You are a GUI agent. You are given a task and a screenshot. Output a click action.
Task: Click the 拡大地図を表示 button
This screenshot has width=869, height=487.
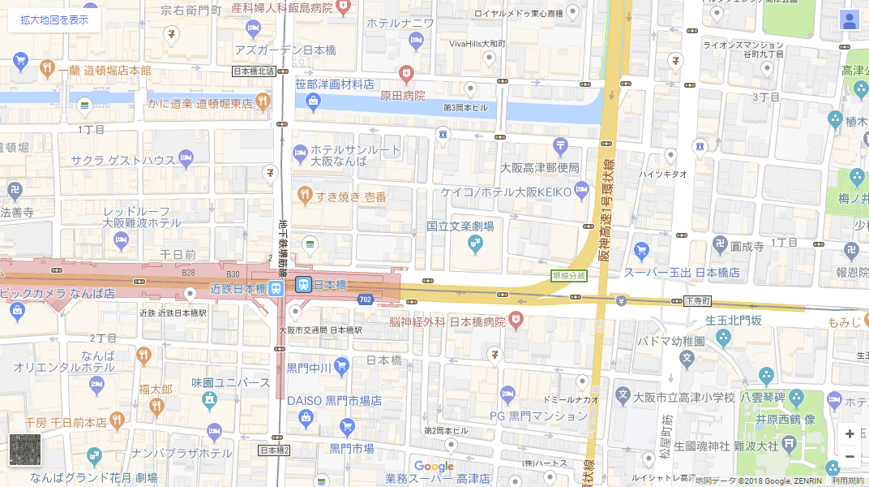(54, 20)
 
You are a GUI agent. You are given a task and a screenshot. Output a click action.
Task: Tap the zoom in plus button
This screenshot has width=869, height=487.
(849, 434)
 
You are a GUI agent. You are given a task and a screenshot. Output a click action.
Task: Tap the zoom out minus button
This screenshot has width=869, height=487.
(849, 457)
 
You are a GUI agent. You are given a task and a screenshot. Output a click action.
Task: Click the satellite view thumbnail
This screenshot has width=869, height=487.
(24, 450)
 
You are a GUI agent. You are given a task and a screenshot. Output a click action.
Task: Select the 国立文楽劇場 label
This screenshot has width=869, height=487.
(460, 226)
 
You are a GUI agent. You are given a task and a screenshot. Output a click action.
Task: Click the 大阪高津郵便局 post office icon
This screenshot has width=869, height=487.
(560, 146)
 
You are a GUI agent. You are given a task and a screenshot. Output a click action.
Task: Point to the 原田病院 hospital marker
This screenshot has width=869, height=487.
(407, 75)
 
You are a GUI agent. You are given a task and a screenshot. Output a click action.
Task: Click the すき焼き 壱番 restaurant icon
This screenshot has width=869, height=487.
(304, 195)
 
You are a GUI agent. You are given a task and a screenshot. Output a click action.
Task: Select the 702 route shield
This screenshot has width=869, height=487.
(365, 300)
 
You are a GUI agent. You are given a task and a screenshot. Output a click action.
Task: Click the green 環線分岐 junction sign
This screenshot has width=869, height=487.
(569, 276)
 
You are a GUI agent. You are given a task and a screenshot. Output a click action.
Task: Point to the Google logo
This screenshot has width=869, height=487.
(434, 467)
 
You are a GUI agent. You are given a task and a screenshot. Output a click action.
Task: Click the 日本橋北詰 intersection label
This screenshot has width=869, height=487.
(254, 71)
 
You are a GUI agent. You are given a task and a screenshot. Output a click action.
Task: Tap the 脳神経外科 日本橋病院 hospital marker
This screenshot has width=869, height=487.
(515, 322)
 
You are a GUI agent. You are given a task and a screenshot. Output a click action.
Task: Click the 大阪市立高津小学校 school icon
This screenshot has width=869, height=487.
(623, 397)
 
